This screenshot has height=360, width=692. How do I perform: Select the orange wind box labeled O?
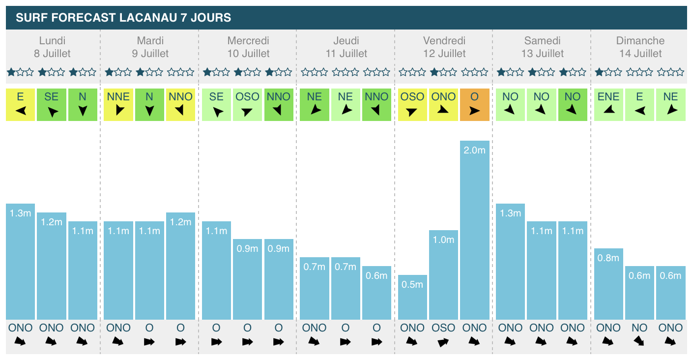pos(474,104)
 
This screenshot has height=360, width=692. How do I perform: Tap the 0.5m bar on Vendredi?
pos(412,297)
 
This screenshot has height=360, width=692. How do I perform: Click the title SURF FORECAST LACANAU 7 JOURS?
pos(123,18)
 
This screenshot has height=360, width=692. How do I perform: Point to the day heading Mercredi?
pos(248,41)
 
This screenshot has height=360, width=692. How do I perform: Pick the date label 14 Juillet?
pos(640,54)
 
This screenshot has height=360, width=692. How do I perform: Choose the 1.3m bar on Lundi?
pos(20,261)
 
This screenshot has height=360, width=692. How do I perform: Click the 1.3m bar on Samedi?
pos(510,261)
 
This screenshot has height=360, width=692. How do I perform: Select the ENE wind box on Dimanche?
pos(608,104)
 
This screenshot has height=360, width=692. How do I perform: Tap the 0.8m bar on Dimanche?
pos(608,284)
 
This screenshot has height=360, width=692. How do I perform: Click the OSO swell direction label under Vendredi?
pos(443,328)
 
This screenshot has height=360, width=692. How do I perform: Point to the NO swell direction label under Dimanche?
pos(639,328)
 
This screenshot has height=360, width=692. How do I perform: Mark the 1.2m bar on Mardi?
pos(180,266)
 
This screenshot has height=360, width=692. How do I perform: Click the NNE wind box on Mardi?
pos(118,104)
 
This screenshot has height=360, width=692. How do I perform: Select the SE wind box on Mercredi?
pos(216,104)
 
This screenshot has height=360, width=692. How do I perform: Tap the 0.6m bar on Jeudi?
pos(376,293)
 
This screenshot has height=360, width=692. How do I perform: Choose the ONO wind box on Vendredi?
pos(443,104)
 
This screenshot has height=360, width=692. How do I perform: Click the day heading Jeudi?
pos(346,41)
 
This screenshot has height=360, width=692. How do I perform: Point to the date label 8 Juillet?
pos(52,54)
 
